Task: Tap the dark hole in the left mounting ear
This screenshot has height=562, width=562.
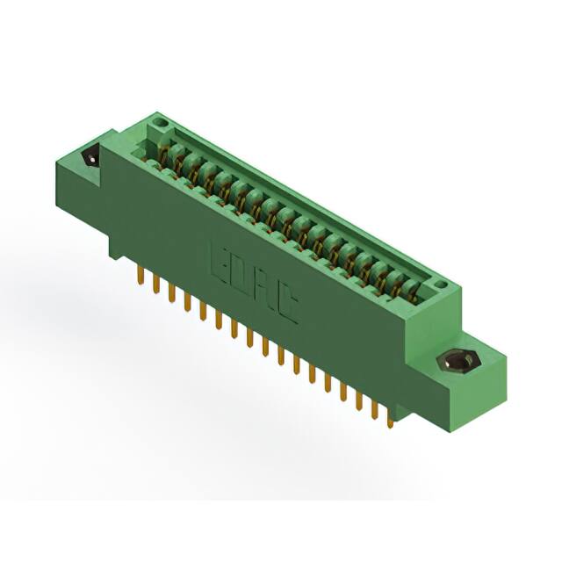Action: point(90,158)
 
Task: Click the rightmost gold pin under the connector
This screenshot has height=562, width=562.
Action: point(391,420)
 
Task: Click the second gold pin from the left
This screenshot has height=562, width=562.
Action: point(156,285)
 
